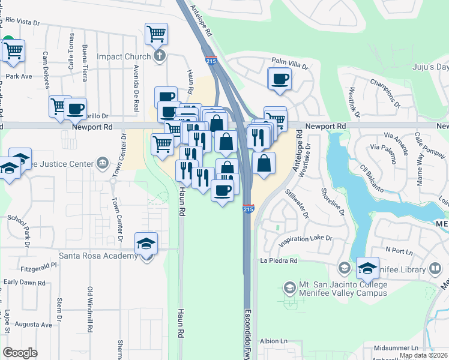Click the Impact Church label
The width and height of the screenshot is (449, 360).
click(124, 57)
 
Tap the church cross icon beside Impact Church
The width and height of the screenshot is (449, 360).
click(159, 57)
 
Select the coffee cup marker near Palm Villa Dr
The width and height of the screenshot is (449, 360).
click(280, 79)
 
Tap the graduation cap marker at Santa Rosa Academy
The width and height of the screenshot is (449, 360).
click(146, 245)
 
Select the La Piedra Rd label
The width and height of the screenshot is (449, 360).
click(279, 261)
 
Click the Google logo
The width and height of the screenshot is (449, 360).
click(20, 353)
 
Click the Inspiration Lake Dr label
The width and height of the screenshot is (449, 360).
click(305, 239)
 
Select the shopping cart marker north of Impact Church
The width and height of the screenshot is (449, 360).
click(156, 34)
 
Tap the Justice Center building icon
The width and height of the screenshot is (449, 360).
click(102, 164)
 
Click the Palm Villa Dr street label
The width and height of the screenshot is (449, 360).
click(289, 62)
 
